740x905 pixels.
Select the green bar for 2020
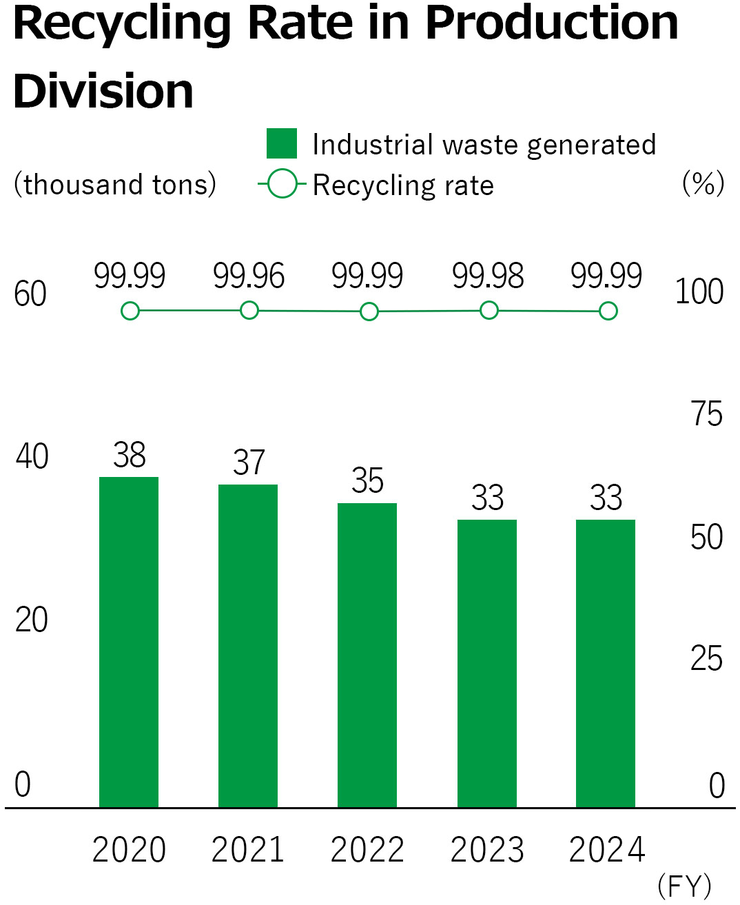pos(129,641)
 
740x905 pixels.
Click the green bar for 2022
pos(367,655)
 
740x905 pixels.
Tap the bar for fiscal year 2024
pos(606,663)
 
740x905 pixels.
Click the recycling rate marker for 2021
pos(249,311)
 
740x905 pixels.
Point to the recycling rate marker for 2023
pos(489,311)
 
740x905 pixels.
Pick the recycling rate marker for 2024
pos(608,312)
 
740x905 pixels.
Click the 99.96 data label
pos(249,276)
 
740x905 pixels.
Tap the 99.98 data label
pos(488,276)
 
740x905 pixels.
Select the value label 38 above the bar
pos(130,456)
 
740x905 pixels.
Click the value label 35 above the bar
pos(367,481)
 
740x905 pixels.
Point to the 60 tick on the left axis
pos(30,294)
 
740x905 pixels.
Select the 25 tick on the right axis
pos(706,660)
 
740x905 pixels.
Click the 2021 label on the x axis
pos(248,850)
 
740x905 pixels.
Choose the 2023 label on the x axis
pos(487,850)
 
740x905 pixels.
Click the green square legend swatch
pos(282,143)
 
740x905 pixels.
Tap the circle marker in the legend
pos(282,184)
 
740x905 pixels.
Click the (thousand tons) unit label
pos(115,185)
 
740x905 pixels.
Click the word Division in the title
pos(103,92)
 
